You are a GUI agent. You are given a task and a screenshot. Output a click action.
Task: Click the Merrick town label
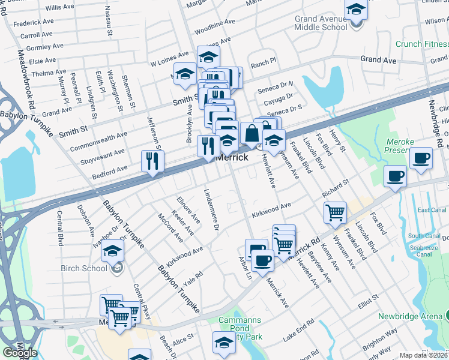(x=232, y=157)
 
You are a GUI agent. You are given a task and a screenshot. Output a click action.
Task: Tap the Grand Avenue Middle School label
(x=321, y=23)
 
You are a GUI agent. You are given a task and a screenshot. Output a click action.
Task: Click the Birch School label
(x=84, y=268)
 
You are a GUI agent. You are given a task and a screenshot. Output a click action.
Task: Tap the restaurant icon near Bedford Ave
(x=152, y=161)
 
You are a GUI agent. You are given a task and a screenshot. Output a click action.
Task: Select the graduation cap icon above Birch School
(x=112, y=250)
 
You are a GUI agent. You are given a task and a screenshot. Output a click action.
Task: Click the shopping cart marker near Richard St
(x=335, y=211)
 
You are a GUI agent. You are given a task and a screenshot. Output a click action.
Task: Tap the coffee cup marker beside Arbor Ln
(x=263, y=260)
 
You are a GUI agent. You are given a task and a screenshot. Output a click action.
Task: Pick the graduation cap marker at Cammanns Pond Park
(x=224, y=343)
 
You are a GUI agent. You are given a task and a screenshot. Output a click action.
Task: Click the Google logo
(x=20, y=353)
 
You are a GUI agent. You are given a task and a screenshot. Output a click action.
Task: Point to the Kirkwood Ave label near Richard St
(x=271, y=210)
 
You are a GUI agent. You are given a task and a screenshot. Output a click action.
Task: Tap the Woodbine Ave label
(x=214, y=26)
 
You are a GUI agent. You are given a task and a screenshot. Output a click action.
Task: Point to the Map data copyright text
(x=423, y=355)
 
